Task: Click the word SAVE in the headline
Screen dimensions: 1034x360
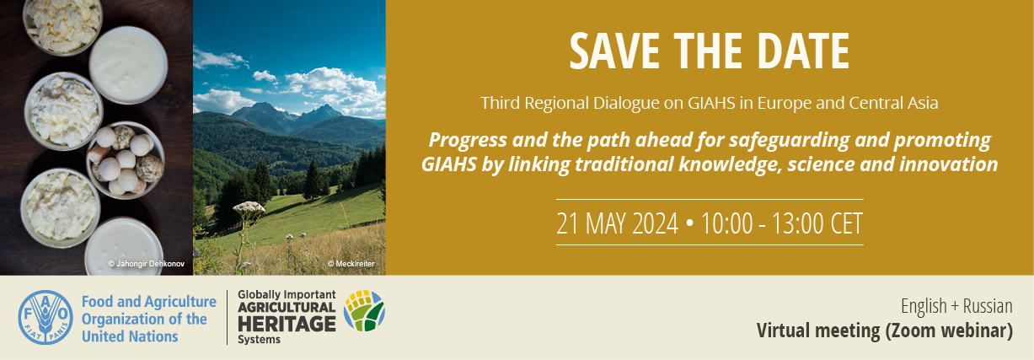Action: [614, 51]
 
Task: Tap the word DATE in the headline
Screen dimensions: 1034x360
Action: [803, 51]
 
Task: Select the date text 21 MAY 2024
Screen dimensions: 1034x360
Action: [617, 223]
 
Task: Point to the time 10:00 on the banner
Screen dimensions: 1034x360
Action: [727, 223]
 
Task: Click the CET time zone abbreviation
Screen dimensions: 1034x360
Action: [847, 223]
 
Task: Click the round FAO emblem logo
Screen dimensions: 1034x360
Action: [46, 318]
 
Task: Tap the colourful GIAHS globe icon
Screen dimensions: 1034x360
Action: [364, 310]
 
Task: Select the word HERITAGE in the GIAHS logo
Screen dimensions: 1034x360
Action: [287, 324]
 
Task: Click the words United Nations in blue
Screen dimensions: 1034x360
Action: [130, 336]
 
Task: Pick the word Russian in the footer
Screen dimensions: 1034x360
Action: [988, 306]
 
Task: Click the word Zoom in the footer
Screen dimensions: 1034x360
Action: [913, 331]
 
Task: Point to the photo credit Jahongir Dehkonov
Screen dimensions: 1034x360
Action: [147, 264]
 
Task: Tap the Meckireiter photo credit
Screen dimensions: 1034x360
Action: [351, 264]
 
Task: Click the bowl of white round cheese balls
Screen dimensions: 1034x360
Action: [126, 160]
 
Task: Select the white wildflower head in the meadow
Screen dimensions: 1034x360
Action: [249, 207]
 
